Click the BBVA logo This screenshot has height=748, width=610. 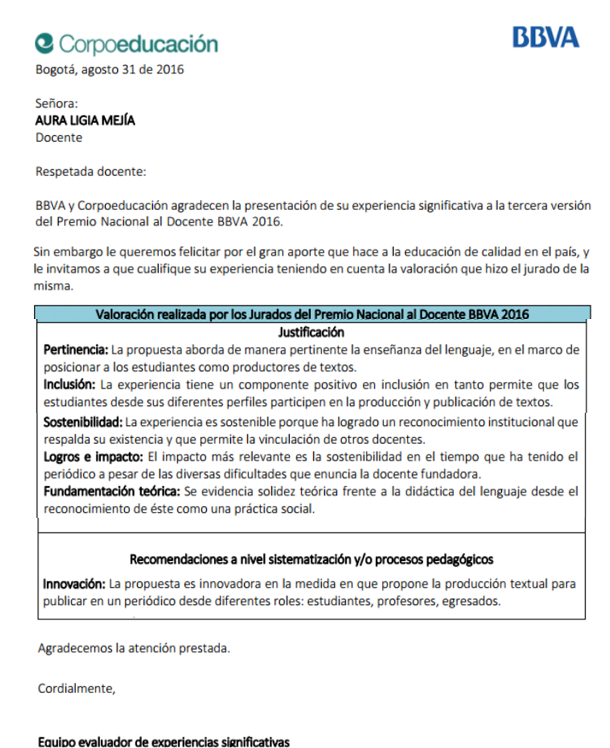[x=545, y=37]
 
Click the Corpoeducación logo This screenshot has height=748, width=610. [x=126, y=44]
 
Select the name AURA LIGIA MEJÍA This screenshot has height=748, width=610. [x=85, y=120]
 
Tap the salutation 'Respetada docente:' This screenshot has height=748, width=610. [x=91, y=172]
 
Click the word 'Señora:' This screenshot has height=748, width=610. [x=56, y=103]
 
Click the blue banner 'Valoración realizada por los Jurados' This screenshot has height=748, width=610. [x=312, y=314]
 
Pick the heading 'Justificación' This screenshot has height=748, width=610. [x=311, y=332]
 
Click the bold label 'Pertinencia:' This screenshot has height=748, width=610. [x=76, y=349]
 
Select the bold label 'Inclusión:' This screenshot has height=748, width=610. [x=70, y=384]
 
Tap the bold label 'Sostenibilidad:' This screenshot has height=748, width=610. [x=83, y=422]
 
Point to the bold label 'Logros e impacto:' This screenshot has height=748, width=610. [x=93, y=457]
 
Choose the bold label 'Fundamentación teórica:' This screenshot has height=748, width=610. [x=112, y=491]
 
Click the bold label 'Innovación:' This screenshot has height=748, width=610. [x=74, y=584]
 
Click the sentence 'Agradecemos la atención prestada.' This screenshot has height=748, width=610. [x=134, y=648]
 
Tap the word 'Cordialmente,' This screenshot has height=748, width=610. [x=76, y=688]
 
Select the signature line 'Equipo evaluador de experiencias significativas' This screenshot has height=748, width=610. [x=164, y=741]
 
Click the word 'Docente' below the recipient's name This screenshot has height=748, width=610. [x=59, y=138]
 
